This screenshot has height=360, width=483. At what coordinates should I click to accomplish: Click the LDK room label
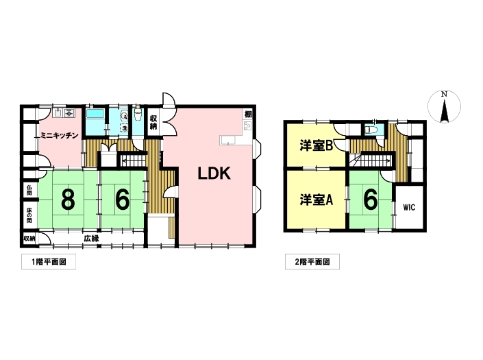(x=214, y=173)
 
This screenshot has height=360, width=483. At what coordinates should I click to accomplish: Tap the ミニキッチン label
(x=60, y=135)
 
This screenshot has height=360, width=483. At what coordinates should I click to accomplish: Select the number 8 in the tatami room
(x=68, y=200)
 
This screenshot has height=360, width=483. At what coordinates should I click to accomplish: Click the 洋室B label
(x=316, y=146)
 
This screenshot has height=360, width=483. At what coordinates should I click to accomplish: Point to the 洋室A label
(x=316, y=200)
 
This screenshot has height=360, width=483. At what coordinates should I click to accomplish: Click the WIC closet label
(x=410, y=208)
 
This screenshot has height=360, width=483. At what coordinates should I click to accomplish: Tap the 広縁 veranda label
(x=92, y=238)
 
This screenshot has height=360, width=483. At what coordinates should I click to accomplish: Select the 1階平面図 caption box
(x=49, y=262)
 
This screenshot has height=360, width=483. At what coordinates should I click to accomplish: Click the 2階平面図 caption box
(x=312, y=262)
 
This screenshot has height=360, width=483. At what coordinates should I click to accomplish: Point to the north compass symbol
(x=444, y=107)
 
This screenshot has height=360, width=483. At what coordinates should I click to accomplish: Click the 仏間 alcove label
(x=29, y=190)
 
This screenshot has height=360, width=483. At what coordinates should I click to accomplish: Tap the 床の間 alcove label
(x=29, y=215)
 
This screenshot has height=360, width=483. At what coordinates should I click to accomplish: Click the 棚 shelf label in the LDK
(x=248, y=114)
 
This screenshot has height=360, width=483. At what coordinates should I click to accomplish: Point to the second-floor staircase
(x=372, y=160)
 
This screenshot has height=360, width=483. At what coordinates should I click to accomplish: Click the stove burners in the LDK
(x=247, y=125)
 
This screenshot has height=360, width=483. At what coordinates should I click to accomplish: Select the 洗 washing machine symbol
(x=124, y=128)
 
